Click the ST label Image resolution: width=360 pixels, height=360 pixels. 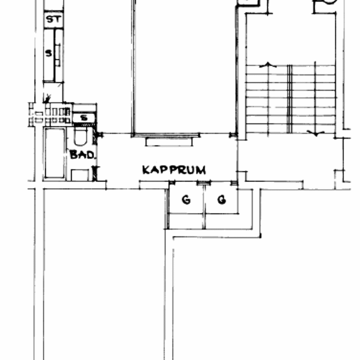[54, 20]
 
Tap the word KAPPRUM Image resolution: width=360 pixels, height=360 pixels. [174, 170]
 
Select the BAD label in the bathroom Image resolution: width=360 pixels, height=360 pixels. [82, 155]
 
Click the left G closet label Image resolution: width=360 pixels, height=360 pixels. [186, 200]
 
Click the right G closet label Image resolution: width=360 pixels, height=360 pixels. [222, 200]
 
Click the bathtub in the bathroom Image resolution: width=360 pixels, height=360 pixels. [55, 153]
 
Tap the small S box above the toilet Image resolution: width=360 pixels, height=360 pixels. [84, 118]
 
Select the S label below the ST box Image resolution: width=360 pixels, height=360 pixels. [48, 53]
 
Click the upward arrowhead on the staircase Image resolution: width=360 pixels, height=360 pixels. [268, 65]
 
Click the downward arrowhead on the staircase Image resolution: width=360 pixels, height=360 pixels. [316, 133]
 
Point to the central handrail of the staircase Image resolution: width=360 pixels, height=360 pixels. [289, 99]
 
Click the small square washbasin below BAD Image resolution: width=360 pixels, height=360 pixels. [80, 175]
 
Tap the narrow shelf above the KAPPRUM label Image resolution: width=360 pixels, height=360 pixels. [169, 142]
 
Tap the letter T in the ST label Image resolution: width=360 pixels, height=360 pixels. [58, 20]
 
